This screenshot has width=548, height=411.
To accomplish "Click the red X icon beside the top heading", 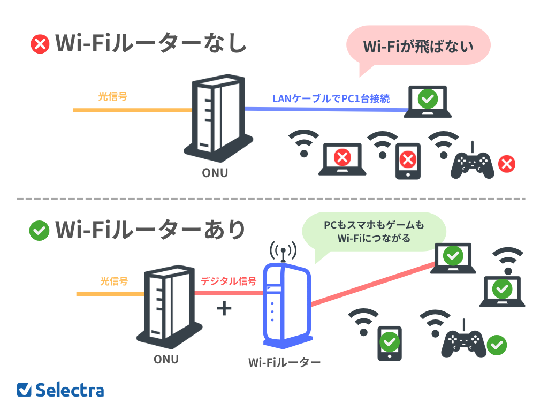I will tap(40, 44).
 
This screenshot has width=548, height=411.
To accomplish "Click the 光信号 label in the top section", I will tap(112, 97).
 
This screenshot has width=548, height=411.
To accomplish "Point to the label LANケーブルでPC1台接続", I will tap(331, 98).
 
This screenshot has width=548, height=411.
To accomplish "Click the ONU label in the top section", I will tap(215, 173).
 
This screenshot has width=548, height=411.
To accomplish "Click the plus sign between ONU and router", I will tap(224, 309).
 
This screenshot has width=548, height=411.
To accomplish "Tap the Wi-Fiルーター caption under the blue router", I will tap(284, 362).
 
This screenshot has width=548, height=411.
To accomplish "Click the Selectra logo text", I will tap(70, 390).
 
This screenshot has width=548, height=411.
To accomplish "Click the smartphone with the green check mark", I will tap(390, 343).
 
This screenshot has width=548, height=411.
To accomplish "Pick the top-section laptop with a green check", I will tap(428, 101).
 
